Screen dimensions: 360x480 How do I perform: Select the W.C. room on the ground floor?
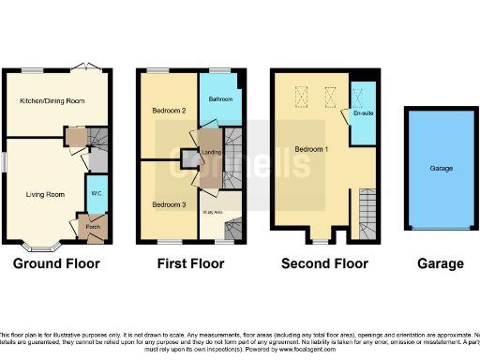96,194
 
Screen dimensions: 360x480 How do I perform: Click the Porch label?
93,226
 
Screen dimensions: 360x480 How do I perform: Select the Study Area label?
213,211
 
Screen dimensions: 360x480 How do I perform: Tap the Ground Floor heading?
58,264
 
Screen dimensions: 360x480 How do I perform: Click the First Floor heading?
191,264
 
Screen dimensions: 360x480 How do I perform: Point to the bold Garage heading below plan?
441,264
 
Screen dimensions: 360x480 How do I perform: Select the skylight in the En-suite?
357,93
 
